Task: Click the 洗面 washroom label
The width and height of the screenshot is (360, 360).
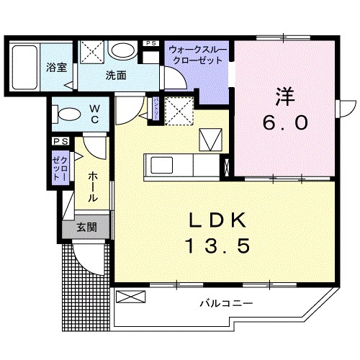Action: pyautogui.click(x=117, y=74)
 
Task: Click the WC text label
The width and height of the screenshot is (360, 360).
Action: pyautogui.click(x=94, y=114)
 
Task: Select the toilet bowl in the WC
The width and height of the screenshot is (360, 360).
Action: pyautogui.click(x=67, y=114)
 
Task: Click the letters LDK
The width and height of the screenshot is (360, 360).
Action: pyautogui.click(x=220, y=219)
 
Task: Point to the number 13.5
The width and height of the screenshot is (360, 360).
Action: pyautogui.click(x=220, y=247)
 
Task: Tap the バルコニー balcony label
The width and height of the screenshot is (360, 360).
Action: pyautogui.click(x=227, y=304)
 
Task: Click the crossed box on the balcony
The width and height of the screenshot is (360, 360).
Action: pyautogui.click(x=130, y=295)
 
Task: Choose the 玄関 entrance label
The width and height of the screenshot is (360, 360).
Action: pyautogui.click(x=88, y=228)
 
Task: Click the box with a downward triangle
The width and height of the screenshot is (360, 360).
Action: pyautogui.click(x=212, y=137)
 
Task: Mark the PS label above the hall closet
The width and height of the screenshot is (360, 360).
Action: pyautogui.click(x=59, y=143)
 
